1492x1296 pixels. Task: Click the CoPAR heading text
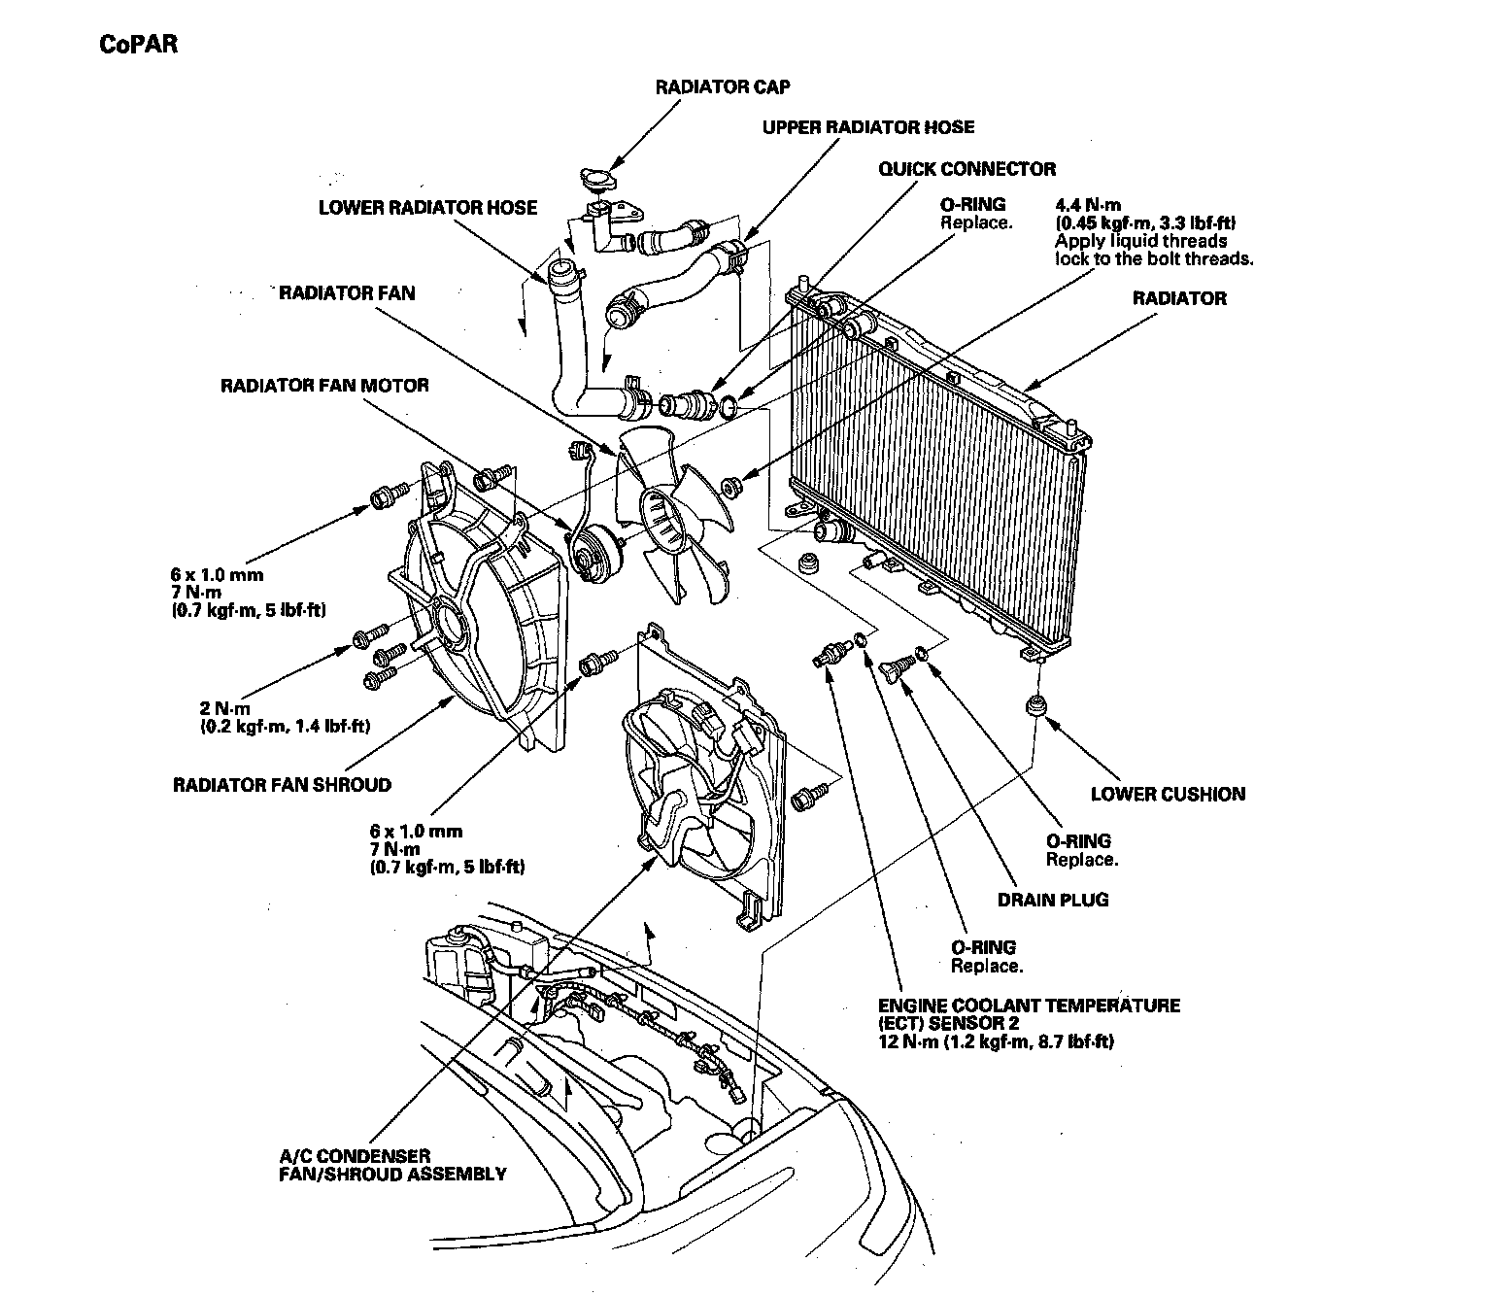139,45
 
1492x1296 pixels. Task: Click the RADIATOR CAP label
722,87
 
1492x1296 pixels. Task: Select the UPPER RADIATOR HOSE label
867,127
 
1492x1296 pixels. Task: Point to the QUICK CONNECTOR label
966,169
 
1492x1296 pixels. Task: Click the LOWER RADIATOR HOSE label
427,208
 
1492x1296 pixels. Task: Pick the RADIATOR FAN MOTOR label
324,386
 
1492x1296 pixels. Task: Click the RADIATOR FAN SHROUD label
282,785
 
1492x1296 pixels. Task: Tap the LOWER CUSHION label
1167,794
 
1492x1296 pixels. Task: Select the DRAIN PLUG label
1052,900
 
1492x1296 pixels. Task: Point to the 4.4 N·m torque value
1088,206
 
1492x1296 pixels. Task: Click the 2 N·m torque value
225,708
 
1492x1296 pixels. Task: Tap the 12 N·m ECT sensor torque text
995,1042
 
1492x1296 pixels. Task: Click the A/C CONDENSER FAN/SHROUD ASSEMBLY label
392,1165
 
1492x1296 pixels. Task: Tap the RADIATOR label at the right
1178,298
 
